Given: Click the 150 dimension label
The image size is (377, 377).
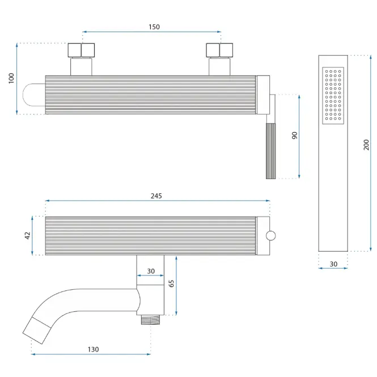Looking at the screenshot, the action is [154, 27].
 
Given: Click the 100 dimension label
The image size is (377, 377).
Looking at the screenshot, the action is [11, 78].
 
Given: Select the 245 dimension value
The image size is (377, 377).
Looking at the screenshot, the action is [156, 196].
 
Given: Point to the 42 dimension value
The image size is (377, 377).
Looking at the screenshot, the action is [28, 236].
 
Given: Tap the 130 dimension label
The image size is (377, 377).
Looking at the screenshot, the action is [94, 349].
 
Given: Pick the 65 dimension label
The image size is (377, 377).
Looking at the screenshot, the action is [171, 283].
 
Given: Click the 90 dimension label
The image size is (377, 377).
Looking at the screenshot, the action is [295, 135].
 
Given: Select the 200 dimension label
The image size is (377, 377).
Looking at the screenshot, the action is [366, 145].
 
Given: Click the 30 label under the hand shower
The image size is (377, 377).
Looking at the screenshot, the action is [333, 264].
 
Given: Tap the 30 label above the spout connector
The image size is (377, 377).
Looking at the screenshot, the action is [151, 271].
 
